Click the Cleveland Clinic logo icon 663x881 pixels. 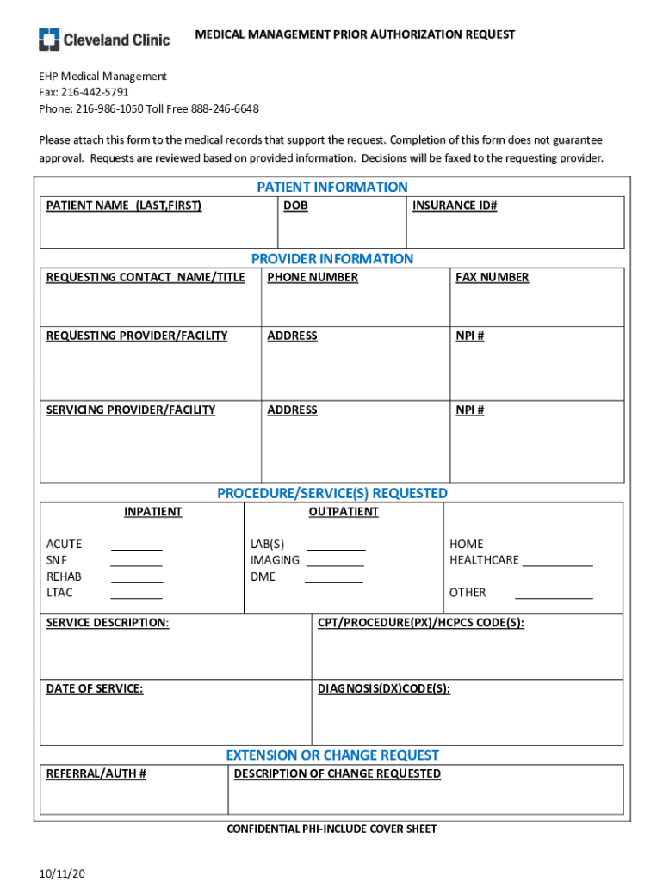(x=49, y=39)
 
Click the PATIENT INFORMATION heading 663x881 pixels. (x=331, y=187)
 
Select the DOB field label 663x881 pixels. (x=295, y=206)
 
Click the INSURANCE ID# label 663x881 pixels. (x=455, y=206)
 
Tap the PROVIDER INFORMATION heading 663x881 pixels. (x=331, y=258)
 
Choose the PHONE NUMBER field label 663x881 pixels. (x=313, y=277)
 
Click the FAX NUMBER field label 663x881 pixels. (x=493, y=277)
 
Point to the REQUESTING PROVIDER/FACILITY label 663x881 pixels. (x=137, y=336)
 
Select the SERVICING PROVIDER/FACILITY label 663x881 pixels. (x=131, y=410)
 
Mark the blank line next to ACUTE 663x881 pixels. (x=136, y=547)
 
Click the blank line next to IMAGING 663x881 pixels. (x=335, y=564)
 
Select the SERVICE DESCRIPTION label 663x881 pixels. (x=108, y=623)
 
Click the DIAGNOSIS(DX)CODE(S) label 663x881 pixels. (x=384, y=688)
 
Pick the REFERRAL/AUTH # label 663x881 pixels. (x=96, y=773)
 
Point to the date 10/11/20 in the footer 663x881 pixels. (x=62, y=874)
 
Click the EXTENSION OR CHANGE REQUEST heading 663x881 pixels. (x=331, y=755)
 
